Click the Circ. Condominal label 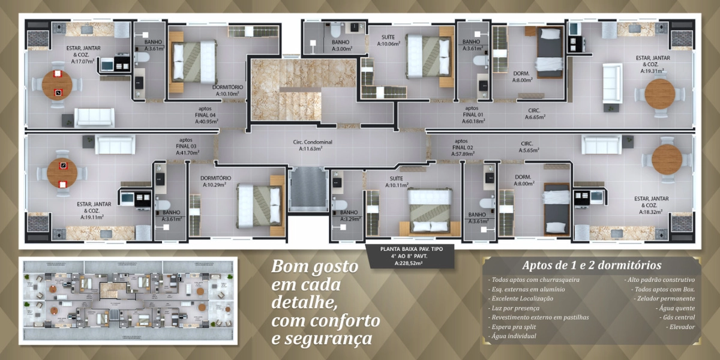pyautogui.click(x=312, y=142)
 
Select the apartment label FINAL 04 pyautogui.click(x=205, y=115)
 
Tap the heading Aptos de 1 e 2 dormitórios pyautogui.click(x=592, y=265)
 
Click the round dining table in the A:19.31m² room pyautogui.click(x=659, y=93)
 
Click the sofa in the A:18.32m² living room pyautogui.click(x=601, y=145)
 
